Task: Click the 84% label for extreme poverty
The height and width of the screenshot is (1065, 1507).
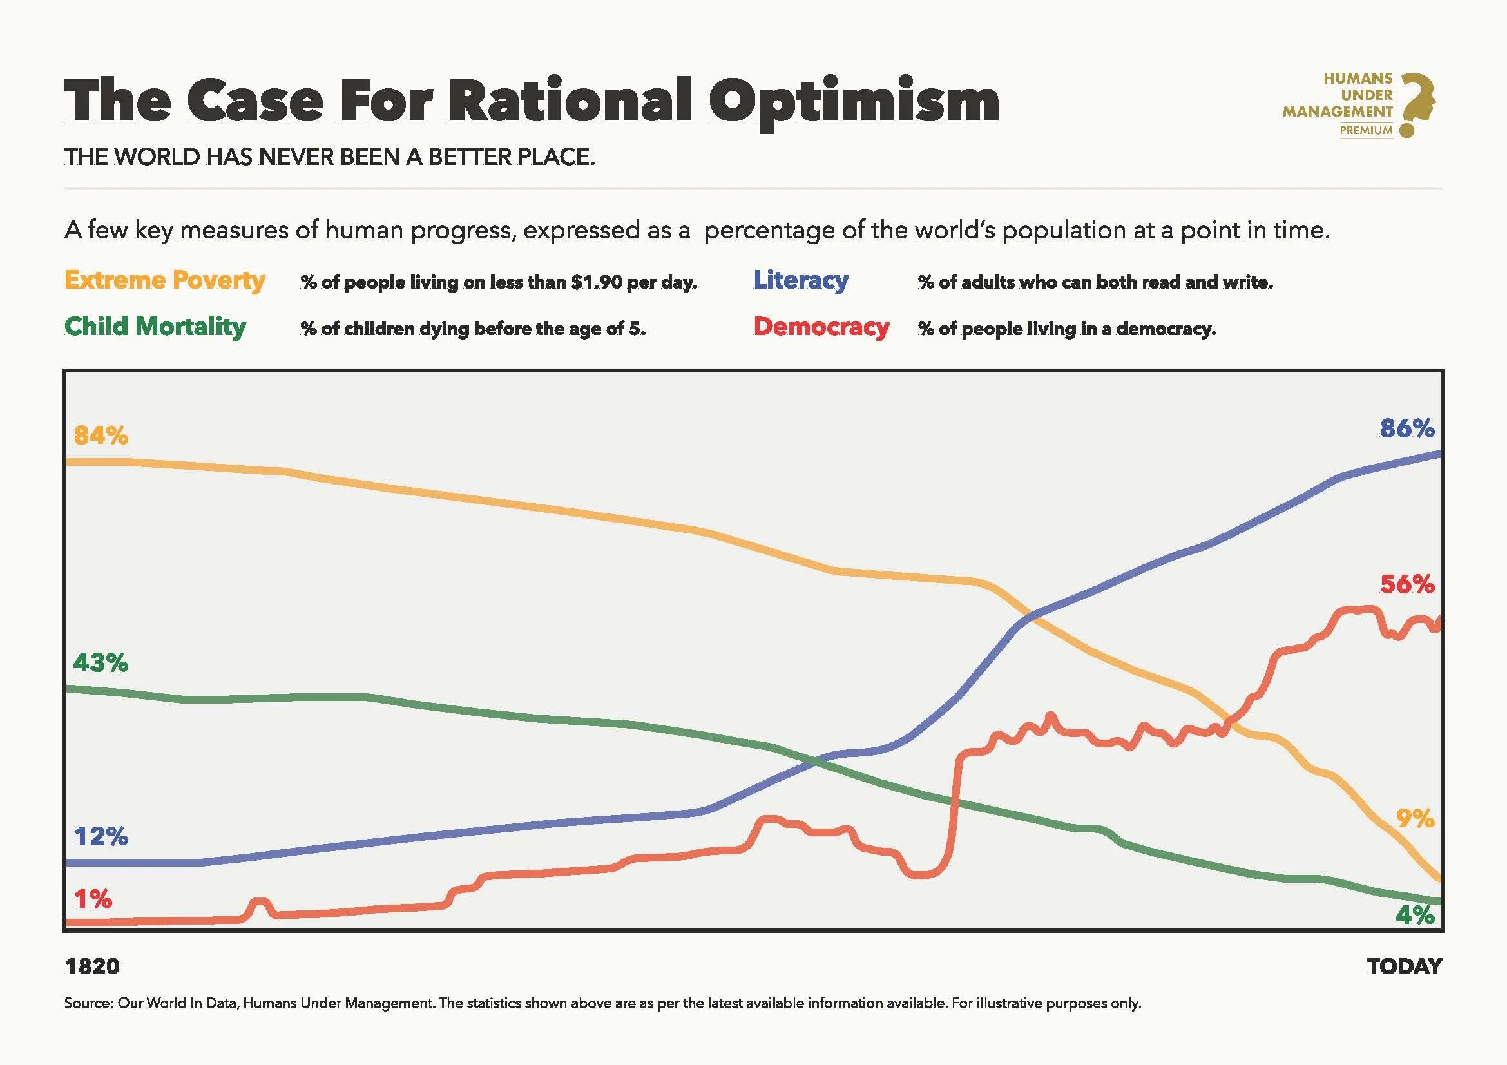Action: (101, 435)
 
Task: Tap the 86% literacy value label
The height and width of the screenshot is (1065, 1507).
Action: (1406, 428)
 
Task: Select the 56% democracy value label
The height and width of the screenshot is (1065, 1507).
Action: (1406, 584)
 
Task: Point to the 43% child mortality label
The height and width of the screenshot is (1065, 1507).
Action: (101, 663)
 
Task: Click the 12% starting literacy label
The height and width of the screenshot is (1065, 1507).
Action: (101, 837)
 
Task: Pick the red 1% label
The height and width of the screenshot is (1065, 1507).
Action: (93, 899)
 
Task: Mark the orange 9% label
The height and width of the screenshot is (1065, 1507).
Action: (1414, 818)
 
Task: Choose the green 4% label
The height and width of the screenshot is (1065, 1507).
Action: (1414, 915)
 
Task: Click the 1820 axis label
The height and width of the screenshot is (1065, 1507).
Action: (92, 966)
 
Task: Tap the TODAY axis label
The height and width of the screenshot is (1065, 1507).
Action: (1405, 966)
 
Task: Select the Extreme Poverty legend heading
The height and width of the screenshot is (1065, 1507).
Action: (165, 280)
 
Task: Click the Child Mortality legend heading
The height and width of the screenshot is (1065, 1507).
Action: (155, 326)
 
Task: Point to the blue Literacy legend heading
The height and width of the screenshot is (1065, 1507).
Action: (801, 280)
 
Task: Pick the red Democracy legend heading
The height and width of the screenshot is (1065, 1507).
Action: (821, 326)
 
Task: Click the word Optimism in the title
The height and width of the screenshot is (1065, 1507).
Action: (853, 102)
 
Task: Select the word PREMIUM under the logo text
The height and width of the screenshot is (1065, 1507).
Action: (1366, 131)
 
